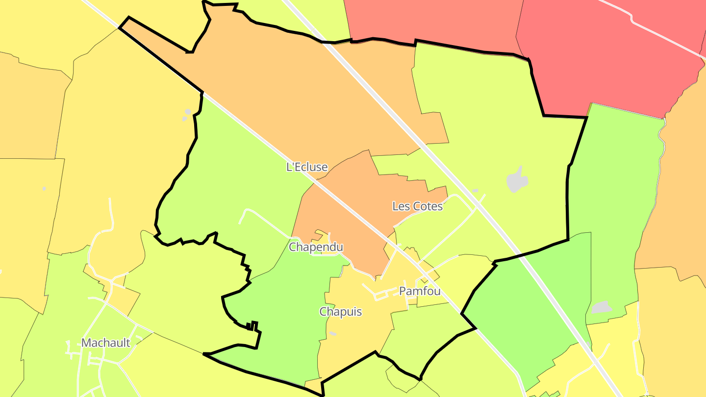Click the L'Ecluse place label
[307, 167]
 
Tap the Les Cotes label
[417, 206]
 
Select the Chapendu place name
[316, 247]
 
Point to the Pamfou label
[420, 291]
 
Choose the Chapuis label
[341, 312]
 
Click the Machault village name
[106, 343]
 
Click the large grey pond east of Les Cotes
[517, 180]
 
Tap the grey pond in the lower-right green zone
[602, 307]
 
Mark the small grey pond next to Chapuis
[333, 334]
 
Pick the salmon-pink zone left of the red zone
[431, 20]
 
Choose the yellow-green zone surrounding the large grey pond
[490, 123]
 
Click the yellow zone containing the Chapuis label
[358, 333]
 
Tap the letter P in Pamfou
[403, 291]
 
